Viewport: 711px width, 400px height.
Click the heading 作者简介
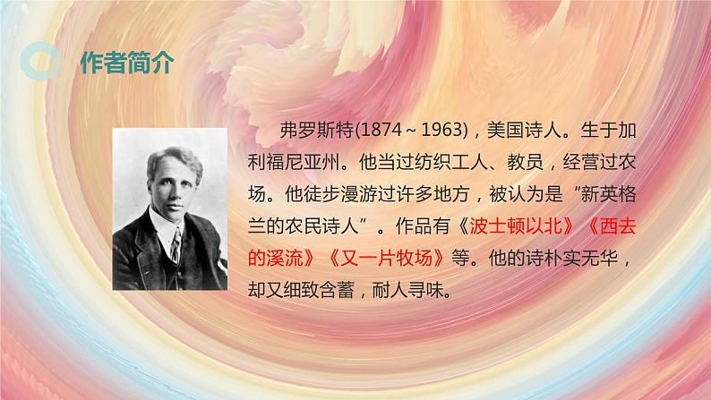tap(126, 63)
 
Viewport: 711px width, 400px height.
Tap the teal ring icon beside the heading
tap(42, 62)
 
